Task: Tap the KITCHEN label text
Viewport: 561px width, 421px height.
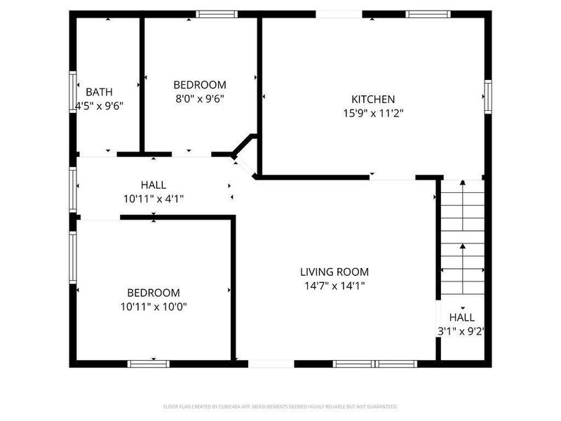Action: point(373,100)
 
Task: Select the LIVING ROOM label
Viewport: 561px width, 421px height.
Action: point(334,272)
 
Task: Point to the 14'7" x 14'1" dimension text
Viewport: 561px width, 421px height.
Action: point(334,286)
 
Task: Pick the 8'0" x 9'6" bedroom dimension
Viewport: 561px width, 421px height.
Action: point(200,99)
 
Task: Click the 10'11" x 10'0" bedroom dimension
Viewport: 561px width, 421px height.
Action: point(153,306)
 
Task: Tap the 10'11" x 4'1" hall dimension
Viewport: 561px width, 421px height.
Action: point(153,199)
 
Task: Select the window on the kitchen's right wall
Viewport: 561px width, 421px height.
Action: point(487,95)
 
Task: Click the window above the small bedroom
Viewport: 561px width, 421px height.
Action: point(216,14)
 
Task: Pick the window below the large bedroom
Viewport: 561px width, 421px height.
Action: point(149,363)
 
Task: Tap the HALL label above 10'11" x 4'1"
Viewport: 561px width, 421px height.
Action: point(153,185)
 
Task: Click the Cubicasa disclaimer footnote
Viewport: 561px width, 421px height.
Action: point(280,406)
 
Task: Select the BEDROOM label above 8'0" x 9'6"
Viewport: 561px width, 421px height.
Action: point(200,85)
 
